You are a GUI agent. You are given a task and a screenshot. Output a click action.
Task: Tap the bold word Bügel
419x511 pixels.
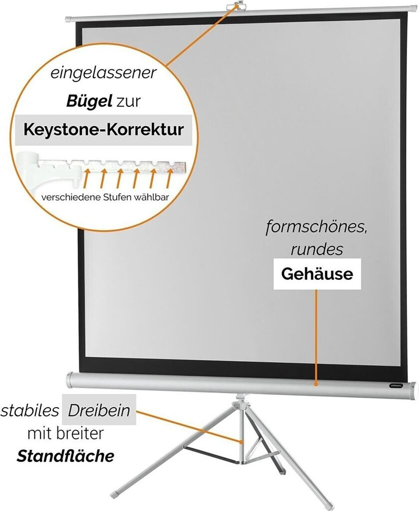tap(89, 102)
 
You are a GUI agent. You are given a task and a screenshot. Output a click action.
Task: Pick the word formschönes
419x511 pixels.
tap(315, 228)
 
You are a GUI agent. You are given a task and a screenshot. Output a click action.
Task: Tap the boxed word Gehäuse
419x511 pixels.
tap(317, 273)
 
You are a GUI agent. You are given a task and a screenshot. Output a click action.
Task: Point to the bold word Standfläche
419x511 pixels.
tap(65, 456)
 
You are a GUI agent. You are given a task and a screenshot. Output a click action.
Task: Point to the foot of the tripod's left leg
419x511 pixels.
tap(115, 495)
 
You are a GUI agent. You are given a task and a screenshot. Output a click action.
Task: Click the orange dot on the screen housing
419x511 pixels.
tap(316, 384)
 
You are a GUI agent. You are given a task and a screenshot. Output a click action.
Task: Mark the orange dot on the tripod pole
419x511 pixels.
tap(241, 442)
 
